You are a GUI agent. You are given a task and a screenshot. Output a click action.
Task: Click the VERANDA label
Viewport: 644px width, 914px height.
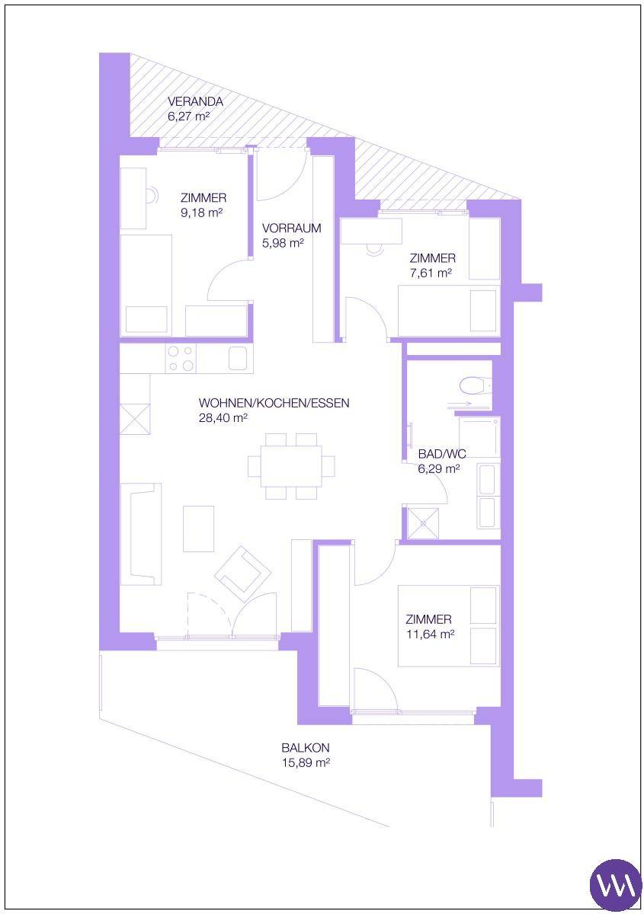(195, 101)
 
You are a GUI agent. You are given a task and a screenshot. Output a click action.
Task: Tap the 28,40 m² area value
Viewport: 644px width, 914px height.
(223, 418)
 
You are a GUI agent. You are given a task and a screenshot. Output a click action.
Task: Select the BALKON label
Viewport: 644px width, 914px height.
(306, 747)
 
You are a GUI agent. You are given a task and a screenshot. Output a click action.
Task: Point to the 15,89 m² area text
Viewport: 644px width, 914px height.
(306, 762)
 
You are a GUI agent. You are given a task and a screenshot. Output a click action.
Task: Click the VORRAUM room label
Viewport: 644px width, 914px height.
(292, 228)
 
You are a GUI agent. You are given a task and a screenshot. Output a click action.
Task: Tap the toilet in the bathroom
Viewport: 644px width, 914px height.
(476, 385)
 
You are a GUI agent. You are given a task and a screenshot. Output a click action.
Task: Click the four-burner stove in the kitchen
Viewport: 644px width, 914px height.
(181, 358)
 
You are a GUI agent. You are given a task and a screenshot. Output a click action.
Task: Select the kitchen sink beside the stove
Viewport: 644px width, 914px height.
(238, 358)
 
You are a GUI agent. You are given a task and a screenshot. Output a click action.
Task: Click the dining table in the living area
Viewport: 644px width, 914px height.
(292, 466)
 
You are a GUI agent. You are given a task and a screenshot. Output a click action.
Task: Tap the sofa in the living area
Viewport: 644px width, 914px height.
(141, 534)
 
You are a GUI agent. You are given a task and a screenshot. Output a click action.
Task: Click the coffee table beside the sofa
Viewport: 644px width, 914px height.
(198, 529)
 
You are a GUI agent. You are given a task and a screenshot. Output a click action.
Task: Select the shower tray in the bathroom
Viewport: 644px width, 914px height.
(423, 523)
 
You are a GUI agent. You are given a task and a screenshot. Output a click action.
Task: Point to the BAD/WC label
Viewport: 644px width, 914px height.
(442, 454)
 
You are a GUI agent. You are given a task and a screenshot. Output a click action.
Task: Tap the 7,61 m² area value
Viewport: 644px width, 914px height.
(431, 273)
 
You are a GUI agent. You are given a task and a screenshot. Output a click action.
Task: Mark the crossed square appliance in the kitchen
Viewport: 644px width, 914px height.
(135, 419)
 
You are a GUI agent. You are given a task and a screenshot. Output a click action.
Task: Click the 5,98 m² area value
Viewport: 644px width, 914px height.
(283, 243)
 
